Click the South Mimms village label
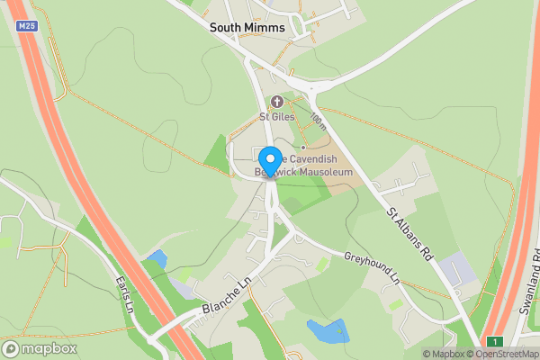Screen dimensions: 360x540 tap(247, 28)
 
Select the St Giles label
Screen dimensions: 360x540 tap(276, 116)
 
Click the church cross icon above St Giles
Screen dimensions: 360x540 tap(276, 102)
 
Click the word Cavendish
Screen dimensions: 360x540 tap(315, 157)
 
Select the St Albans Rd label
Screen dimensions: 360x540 tap(411, 237)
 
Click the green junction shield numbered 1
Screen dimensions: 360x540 tap(493, 341)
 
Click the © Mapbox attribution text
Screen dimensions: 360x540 tap(445, 354)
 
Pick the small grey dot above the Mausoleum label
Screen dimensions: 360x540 tap(303, 147)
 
